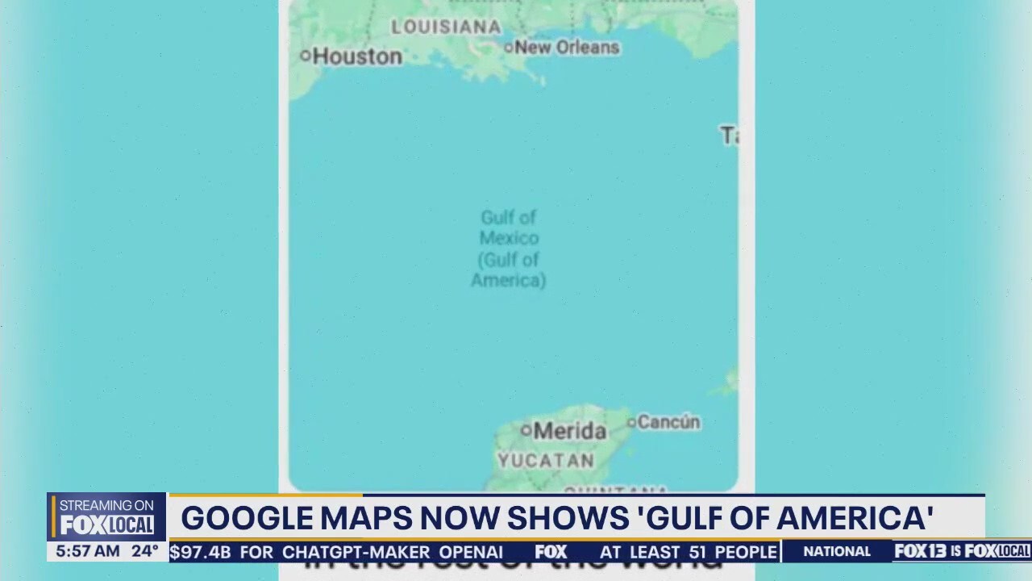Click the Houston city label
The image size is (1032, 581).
pyautogui.click(x=356, y=56)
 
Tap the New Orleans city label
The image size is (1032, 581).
pyautogui.click(x=567, y=48)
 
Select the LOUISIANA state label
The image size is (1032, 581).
pyautogui.click(x=446, y=27)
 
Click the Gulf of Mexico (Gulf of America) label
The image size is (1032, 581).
pyautogui.click(x=509, y=249)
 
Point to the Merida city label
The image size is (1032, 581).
pyautogui.click(x=569, y=431)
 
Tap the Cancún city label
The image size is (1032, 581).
pyautogui.click(x=669, y=422)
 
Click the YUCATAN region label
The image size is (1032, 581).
pyautogui.click(x=546, y=461)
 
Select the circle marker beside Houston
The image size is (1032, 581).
pyautogui.click(x=305, y=56)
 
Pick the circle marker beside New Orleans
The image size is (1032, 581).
pyautogui.click(x=509, y=48)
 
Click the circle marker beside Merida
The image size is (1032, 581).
pyautogui.click(x=526, y=431)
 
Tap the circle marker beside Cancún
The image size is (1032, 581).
pyautogui.click(x=632, y=421)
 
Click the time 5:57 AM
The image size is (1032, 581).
pyautogui.click(x=85, y=552)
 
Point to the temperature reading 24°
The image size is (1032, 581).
pyautogui.click(x=145, y=552)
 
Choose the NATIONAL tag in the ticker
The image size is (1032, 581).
pyautogui.click(x=837, y=552)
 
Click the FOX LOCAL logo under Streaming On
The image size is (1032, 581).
pyautogui.click(x=106, y=525)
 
